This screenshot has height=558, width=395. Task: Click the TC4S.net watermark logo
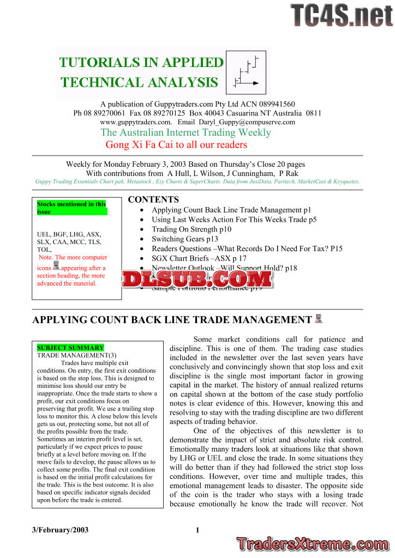(341, 15)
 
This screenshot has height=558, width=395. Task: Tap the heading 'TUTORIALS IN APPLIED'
(142, 62)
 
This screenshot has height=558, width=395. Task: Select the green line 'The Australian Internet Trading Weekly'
(185, 132)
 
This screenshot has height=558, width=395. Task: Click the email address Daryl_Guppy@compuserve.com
(252, 122)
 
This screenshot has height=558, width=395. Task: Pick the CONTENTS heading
(153, 200)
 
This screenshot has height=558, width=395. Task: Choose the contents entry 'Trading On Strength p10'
(191, 229)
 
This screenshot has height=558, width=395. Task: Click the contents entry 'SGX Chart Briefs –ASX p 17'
(199, 258)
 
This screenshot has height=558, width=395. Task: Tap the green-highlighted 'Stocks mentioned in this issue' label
(71, 208)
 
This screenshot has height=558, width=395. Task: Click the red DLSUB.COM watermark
(197, 279)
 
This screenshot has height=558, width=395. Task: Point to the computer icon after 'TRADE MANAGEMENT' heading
(319, 319)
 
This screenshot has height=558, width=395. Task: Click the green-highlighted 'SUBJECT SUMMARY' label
(70, 348)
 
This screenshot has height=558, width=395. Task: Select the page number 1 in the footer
(198, 530)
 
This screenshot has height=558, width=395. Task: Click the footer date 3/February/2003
(61, 530)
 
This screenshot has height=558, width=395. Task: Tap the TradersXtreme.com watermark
(313, 543)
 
